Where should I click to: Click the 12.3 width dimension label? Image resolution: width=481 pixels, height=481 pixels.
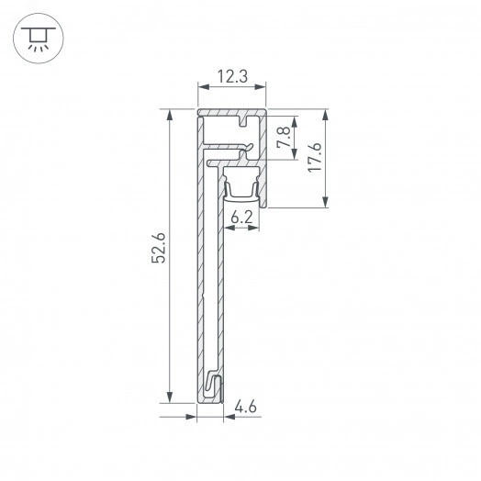[233, 78]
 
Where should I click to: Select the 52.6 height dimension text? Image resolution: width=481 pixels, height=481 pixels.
[158, 249]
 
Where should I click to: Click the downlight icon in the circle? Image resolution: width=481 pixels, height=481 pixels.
[37, 38]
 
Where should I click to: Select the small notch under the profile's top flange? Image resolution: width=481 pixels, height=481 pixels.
[246, 121]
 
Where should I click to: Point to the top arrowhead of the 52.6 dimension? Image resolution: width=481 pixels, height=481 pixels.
[169, 116]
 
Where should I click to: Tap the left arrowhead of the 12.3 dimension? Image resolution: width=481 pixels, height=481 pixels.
[203, 91]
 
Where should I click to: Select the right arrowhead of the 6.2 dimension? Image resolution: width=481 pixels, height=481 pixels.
[257, 229]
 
